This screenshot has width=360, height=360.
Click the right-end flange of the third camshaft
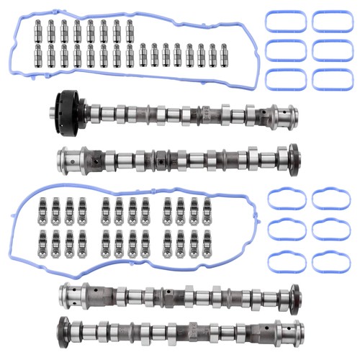pos(293,295)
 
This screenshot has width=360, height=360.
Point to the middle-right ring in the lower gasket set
pos(330,230)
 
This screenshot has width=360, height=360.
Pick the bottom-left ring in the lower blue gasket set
pos(282,260)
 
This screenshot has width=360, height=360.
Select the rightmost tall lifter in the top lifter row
pos(130,31)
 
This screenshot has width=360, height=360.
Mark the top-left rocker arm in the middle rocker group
pos(107,207)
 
